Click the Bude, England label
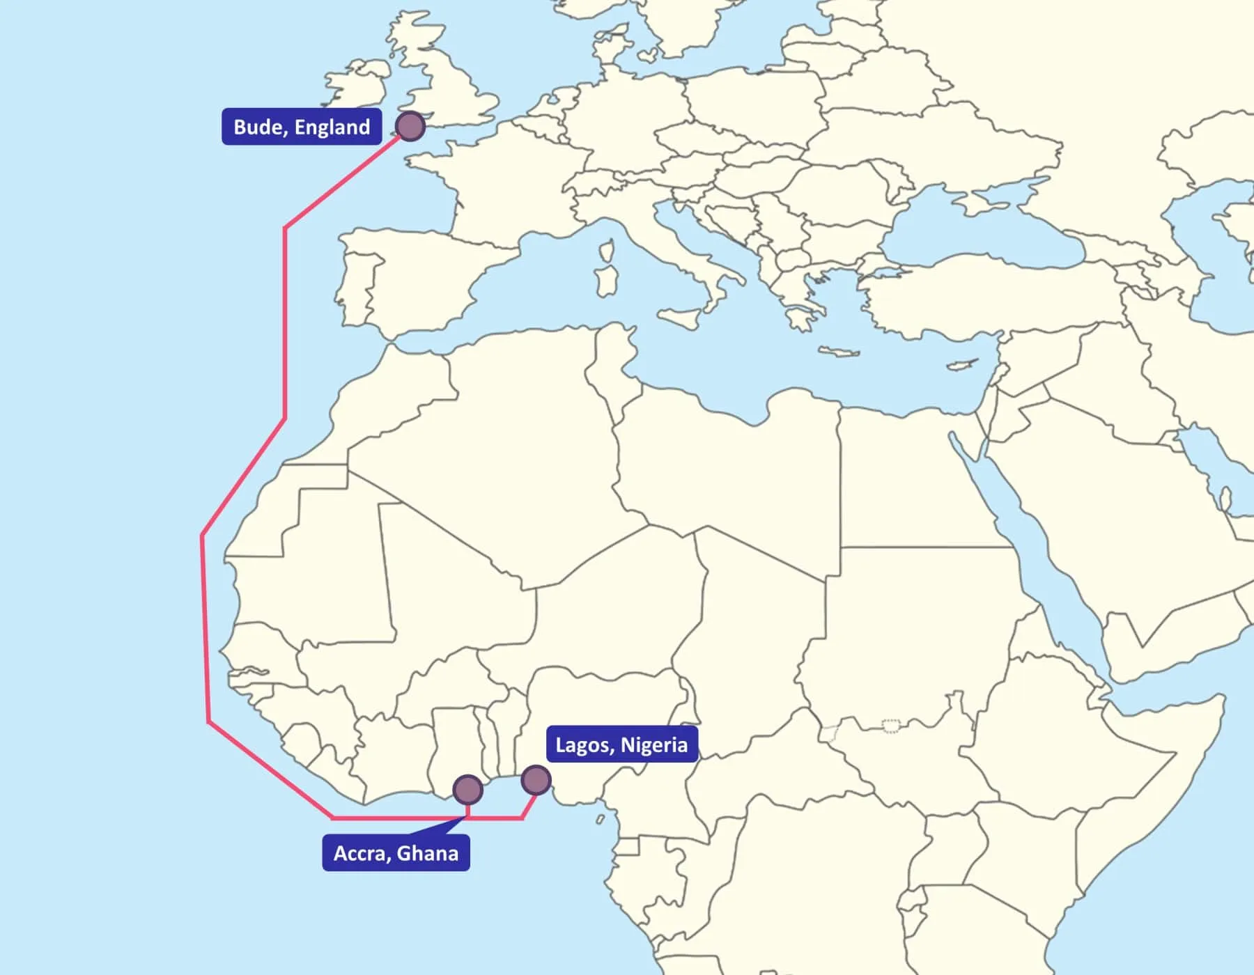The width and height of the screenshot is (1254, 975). coord(301,127)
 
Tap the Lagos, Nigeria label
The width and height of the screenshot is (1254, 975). coord(621,744)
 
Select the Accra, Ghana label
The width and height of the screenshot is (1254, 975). coord(396,853)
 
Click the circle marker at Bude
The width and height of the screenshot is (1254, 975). coord(410,126)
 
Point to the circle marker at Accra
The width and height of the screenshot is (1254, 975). coord(467,790)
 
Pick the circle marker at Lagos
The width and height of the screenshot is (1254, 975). coord(536,780)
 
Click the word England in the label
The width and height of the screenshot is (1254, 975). coord(332,127)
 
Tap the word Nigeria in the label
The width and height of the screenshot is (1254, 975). coord(653,744)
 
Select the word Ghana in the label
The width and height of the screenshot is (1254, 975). coord(427,853)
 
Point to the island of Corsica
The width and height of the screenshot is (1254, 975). coord(607,251)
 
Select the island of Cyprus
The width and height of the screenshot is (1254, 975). coord(963,364)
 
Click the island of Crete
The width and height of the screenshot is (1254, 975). coord(840,352)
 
